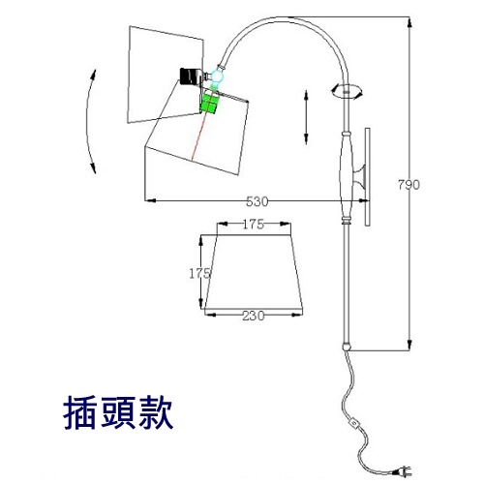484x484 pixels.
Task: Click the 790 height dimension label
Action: tap(408, 185)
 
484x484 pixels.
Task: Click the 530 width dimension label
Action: tap(257, 201)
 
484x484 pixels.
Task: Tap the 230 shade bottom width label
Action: tap(254, 316)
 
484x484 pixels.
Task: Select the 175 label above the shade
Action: tap(254, 225)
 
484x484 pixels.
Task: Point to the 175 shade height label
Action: tap(199, 274)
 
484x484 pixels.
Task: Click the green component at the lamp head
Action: tap(209, 103)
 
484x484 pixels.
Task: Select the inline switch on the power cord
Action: tap(354, 423)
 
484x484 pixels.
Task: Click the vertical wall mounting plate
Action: tap(367, 177)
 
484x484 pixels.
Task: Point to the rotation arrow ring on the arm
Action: tap(347, 91)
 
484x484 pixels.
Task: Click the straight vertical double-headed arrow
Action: tap(306, 117)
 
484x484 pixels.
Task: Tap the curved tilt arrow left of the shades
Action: tap(88, 121)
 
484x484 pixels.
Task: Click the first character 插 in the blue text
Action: tap(80, 413)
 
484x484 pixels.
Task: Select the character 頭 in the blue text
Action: tap(118, 413)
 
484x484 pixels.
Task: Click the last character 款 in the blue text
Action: tap(156, 413)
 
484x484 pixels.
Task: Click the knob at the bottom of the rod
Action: tap(347, 347)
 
